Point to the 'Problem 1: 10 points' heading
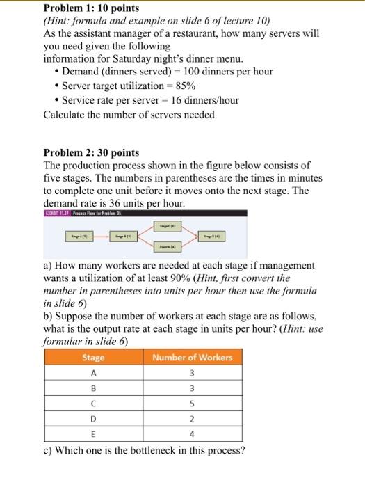(x=91, y=8)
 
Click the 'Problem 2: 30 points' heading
(x=91, y=152)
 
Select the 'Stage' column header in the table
(x=93, y=357)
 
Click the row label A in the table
(x=93, y=374)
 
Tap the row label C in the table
(x=93, y=404)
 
